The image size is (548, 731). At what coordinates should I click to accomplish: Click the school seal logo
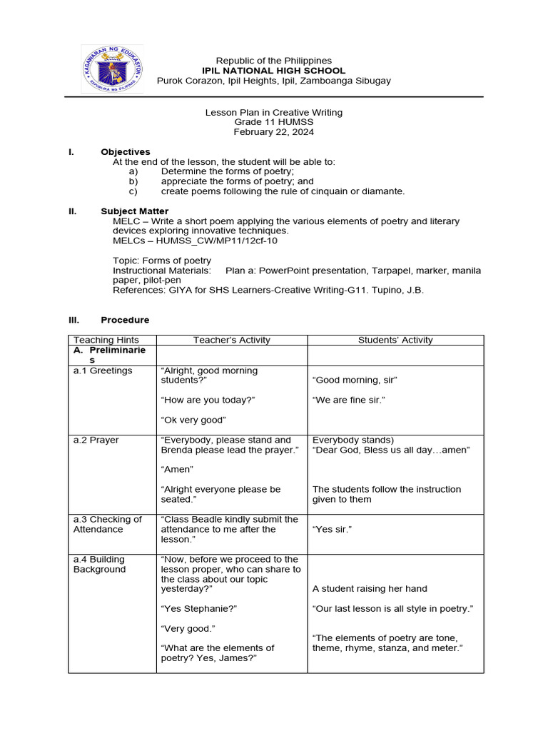111,69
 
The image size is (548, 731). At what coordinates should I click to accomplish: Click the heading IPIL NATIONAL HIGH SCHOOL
274,71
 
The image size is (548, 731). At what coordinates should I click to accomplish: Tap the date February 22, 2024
274,132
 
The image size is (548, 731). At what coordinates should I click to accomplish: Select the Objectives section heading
126,152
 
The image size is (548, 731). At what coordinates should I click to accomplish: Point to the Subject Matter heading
135,211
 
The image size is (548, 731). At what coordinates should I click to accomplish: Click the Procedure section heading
125,320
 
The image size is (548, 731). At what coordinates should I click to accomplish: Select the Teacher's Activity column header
232,341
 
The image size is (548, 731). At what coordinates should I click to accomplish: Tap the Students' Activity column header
395,341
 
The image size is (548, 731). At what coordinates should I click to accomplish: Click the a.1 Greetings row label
103,370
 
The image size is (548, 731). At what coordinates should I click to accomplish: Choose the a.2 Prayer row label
96,440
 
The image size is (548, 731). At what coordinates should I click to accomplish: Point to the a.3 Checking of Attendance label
107,524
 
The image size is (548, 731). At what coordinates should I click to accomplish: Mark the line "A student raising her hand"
370,589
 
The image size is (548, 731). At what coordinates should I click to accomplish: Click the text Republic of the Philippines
274,61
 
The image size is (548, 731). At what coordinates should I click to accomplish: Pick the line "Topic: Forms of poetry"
162,261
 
